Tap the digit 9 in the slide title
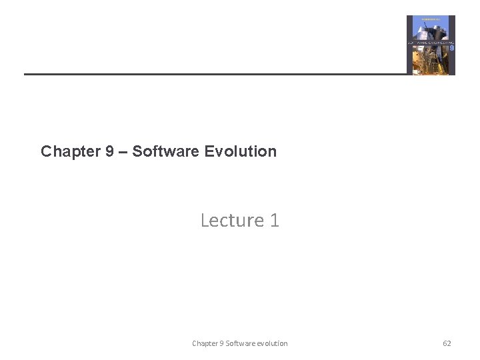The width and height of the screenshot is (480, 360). (x=109, y=151)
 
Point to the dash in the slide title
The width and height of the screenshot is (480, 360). (x=123, y=151)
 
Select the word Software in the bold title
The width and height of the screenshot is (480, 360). (x=165, y=151)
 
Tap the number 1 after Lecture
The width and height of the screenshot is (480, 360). (x=275, y=220)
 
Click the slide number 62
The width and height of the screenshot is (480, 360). (x=447, y=343)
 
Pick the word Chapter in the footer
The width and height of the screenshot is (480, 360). (x=204, y=343)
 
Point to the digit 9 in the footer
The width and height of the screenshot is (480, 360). (x=221, y=343)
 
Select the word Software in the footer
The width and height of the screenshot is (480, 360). (x=239, y=343)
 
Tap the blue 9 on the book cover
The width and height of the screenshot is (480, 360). (x=451, y=48)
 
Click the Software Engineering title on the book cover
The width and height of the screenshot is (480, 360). (x=429, y=42)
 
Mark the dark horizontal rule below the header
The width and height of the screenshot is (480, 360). (x=213, y=73)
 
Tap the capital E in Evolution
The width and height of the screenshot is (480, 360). (x=209, y=151)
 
